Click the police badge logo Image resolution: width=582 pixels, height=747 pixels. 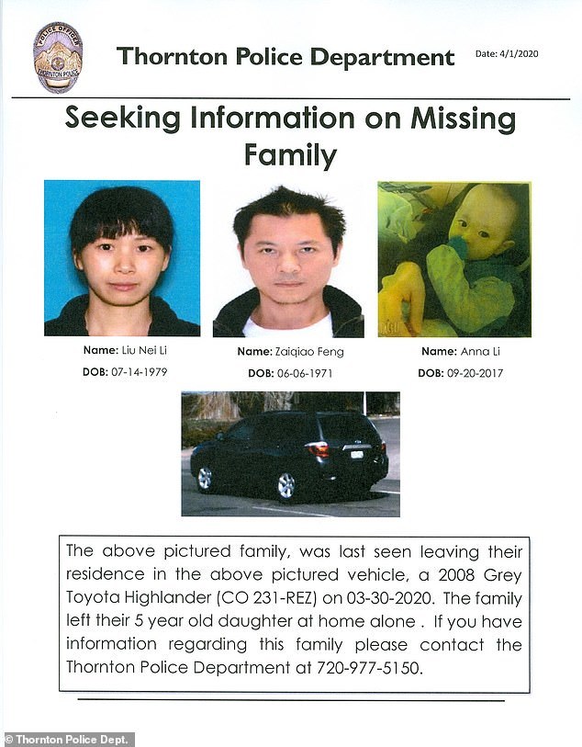[57, 57]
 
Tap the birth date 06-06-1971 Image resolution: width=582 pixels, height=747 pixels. [304, 373]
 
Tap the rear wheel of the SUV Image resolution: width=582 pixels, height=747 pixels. [286, 485]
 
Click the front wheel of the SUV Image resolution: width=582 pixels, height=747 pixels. [205, 478]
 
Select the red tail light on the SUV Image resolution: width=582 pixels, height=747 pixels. [318, 449]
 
